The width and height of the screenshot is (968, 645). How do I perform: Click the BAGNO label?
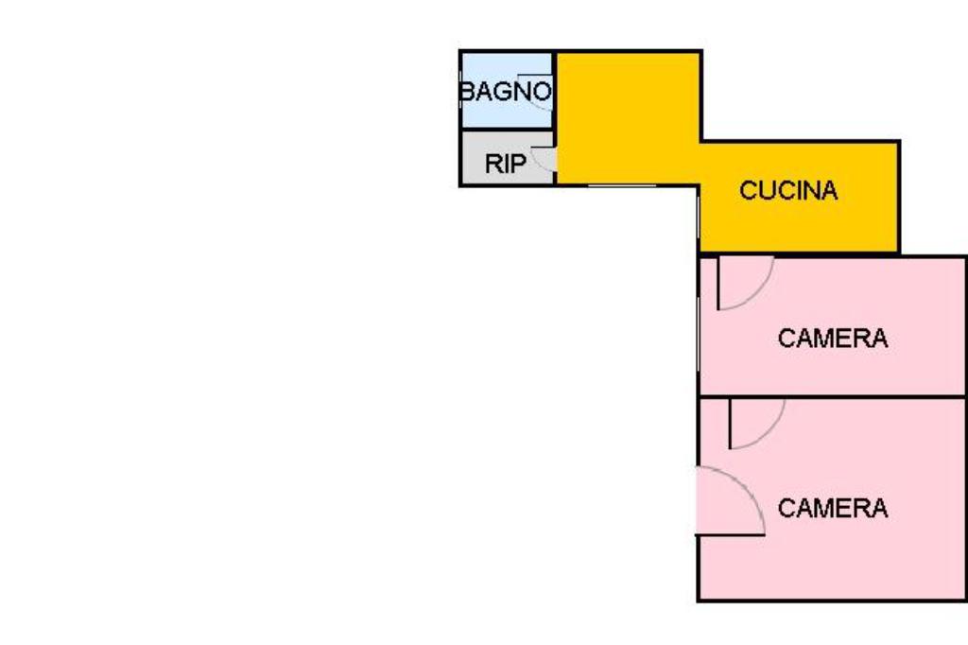pos(505,92)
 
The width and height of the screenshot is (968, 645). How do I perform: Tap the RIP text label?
pos(505,164)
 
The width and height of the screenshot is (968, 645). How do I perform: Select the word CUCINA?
pos(787,191)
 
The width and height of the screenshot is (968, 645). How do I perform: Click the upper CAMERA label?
pos(832,339)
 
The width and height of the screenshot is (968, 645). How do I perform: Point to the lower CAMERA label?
pos(832,509)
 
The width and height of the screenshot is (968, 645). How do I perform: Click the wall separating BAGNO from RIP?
pos(506,131)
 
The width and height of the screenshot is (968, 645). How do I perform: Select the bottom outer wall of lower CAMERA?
pos(832,601)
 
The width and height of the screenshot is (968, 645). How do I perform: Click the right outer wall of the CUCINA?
pos(898,197)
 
